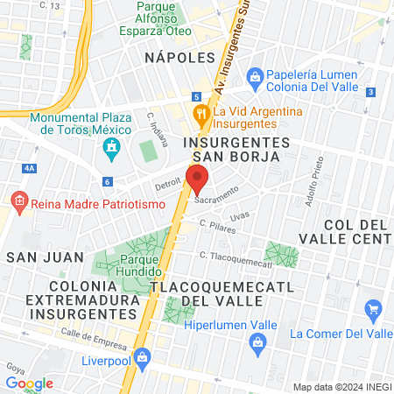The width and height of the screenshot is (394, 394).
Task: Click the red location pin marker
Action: [198, 179]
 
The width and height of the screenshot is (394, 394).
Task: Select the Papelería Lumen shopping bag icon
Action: [255, 76]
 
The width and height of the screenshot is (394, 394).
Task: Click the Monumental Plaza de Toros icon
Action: [111, 150]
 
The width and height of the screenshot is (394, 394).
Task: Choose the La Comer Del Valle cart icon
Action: [374, 308]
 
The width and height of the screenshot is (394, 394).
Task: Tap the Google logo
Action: [29, 383]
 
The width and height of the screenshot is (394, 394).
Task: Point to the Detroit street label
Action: [167, 186]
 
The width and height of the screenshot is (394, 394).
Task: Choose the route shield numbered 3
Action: [371, 91]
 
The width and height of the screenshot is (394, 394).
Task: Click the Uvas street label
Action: [240, 216]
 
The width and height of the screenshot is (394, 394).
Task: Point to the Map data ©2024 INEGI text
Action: [341, 387]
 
